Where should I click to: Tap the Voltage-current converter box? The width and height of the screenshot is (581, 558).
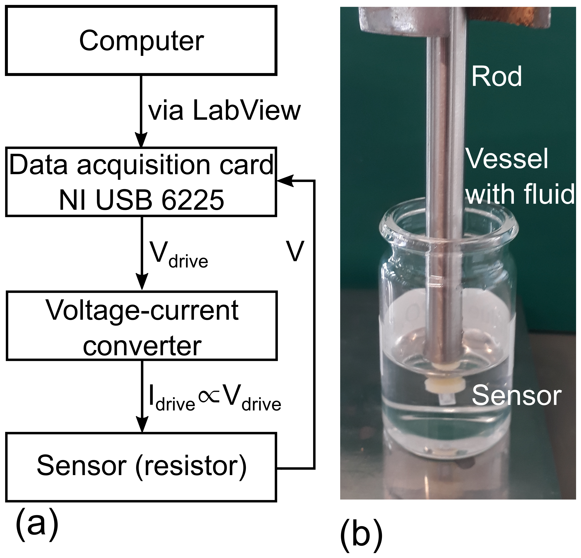[142, 325]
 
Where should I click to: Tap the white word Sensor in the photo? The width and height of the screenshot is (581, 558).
[517, 396]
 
